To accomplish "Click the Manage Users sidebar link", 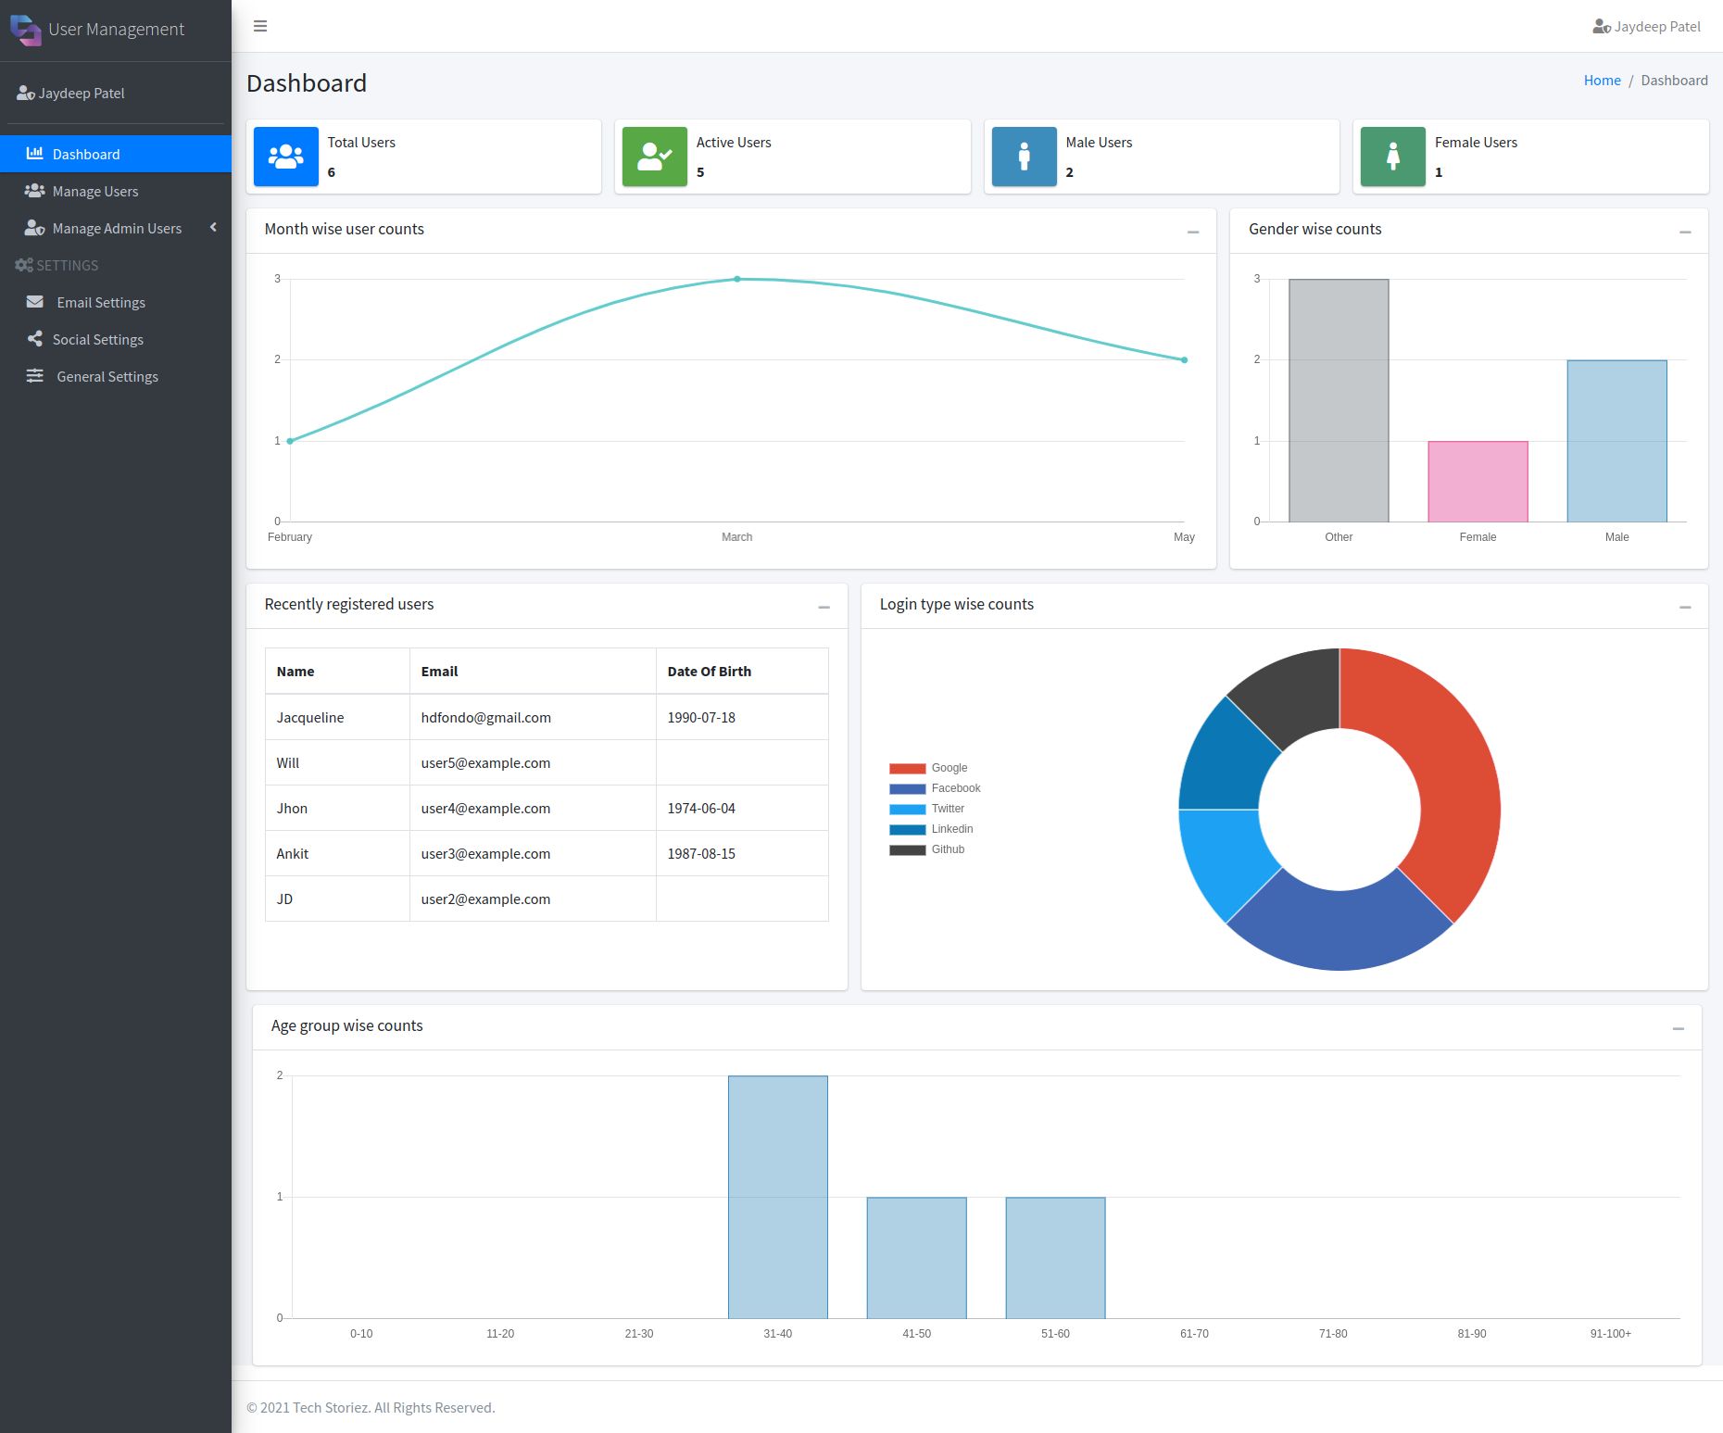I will click(94, 191).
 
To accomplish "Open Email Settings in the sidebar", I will click(100, 302).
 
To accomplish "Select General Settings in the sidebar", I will click(107, 376).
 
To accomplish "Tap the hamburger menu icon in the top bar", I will click(260, 26).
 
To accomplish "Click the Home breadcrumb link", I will click(1602, 81).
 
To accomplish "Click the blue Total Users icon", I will click(285, 157).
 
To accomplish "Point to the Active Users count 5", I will click(700, 172).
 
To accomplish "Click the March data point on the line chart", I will click(737, 279).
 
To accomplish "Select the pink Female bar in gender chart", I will click(1478, 482).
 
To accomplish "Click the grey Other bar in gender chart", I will click(1339, 400).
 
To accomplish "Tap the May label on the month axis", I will click(1184, 537).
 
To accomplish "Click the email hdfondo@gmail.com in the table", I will click(485, 717).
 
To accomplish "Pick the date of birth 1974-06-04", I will click(701, 808).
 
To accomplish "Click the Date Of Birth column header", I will click(709, 672).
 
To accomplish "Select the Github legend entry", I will click(928, 849).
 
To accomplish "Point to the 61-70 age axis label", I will click(1194, 1334).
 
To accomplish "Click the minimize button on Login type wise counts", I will click(1684, 607).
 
